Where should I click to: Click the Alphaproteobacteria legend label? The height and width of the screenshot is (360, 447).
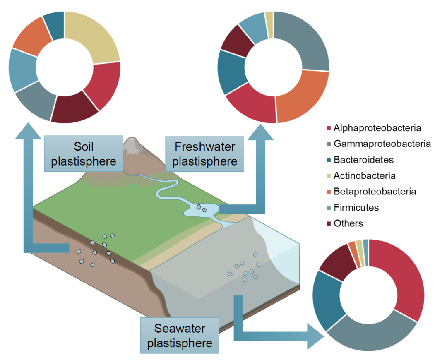[377, 128]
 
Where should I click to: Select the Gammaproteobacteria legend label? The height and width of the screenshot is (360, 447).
[382, 144]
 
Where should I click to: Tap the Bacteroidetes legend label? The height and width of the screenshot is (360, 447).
[363, 160]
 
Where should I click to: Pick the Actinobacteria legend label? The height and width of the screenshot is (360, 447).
[364, 175]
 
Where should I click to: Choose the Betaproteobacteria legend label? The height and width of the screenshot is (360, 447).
[375, 192]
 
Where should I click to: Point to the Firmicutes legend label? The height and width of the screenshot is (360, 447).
[356, 207]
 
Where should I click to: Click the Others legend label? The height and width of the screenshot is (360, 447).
[348, 223]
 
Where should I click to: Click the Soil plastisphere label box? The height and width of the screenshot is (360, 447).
[84, 154]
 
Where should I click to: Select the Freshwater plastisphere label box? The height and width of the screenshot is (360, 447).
[204, 154]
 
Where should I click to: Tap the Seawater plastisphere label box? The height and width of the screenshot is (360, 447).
[180, 336]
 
